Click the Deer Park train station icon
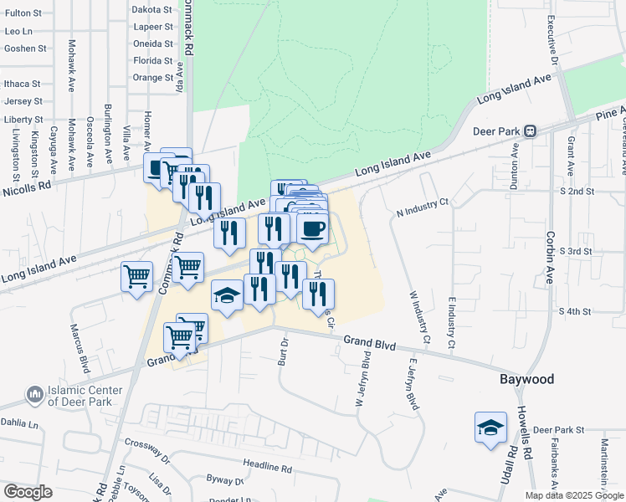530,131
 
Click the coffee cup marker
312,228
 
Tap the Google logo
28,492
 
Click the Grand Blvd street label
367,341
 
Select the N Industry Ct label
423,207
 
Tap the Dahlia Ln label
20,424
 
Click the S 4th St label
576,311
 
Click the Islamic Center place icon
34,393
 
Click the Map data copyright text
573,495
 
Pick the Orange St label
152,78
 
